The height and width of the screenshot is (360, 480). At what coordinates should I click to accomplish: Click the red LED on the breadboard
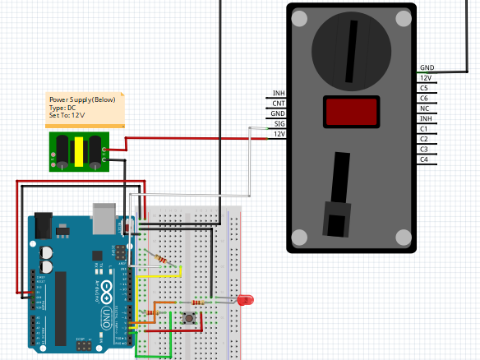tap(244, 301)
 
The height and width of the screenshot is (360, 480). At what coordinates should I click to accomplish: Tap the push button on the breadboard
tap(192, 316)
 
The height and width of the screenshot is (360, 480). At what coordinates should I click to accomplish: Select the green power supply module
tap(78, 152)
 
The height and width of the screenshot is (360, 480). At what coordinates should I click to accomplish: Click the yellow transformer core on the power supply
tap(78, 152)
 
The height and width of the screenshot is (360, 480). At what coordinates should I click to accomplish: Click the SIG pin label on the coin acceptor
tap(279, 123)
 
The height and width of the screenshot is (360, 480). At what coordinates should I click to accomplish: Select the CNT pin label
tap(279, 103)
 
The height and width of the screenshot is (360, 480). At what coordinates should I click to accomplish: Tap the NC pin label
tap(423, 108)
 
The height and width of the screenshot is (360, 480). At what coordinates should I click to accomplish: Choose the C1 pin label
tap(423, 129)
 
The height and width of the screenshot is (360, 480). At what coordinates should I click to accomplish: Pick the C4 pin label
tap(423, 159)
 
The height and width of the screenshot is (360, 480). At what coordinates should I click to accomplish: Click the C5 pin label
tap(423, 87)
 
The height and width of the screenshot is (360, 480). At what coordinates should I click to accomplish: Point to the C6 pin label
tap(423, 98)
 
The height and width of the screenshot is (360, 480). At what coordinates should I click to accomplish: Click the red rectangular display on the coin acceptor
tap(352, 112)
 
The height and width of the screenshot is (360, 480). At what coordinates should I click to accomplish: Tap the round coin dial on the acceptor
tap(351, 50)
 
